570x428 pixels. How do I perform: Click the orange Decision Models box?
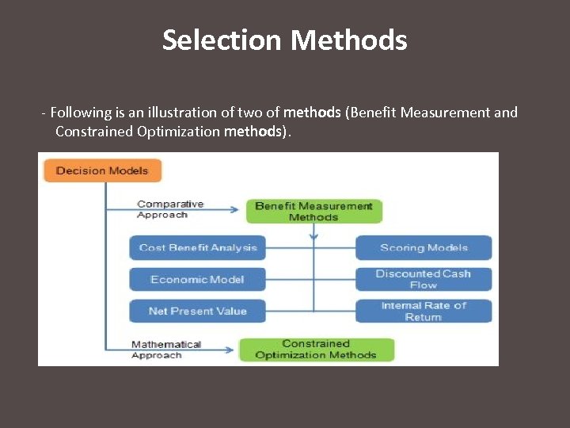[102, 170]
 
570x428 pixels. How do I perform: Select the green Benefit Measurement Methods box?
[313, 212]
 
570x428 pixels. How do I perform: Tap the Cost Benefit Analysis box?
[198, 247]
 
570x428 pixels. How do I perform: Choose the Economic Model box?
[198, 279]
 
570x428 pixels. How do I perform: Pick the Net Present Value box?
[198, 311]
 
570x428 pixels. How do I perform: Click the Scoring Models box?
[424, 247]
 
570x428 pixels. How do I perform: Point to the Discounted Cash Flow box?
[424, 279]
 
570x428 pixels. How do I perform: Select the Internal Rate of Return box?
[424, 311]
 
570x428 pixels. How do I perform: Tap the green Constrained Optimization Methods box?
[316, 350]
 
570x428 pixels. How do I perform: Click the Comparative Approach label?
[170, 209]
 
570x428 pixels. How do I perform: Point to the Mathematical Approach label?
[166, 350]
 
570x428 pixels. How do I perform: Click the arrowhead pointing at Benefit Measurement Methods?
[234, 210]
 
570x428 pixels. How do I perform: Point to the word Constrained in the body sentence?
[94, 132]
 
